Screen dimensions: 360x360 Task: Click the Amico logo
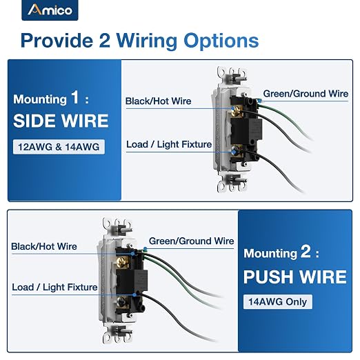[x=50, y=10]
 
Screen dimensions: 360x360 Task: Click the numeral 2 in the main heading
[x=105, y=41]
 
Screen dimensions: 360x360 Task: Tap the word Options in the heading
[x=221, y=41]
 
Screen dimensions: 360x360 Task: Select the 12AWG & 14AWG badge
[x=59, y=147]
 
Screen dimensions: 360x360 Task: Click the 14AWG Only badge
[x=278, y=301]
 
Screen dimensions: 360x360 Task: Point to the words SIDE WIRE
[x=61, y=121]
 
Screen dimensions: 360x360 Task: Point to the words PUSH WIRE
[x=295, y=277]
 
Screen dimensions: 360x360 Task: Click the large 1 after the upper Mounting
[x=75, y=97]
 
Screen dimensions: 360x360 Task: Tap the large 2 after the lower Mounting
[x=306, y=252]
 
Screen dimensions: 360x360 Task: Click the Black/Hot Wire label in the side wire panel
[x=158, y=101]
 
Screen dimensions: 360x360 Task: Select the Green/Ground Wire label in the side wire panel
[x=306, y=94]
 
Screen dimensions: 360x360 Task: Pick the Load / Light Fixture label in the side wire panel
[x=169, y=144]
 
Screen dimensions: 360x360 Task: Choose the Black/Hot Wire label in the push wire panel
[x=44, y=246]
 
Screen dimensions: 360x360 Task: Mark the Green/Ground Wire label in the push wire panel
[x=191, y=241]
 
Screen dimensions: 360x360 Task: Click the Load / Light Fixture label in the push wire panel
[x=54, y=287]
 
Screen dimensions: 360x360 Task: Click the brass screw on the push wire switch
[x=122, y=262]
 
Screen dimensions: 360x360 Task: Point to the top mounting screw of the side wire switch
[x=237, y=78]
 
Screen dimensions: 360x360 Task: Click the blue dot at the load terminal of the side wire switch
[x=234, y=152]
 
